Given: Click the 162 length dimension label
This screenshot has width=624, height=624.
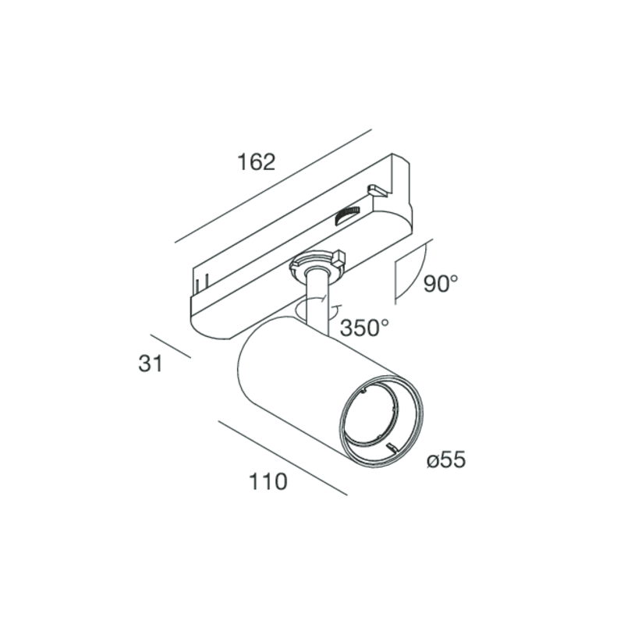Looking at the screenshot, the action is [x=257, y=162].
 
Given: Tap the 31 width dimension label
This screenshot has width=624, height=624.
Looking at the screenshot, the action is [x=151, y=363].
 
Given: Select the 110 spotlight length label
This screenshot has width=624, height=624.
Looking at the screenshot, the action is [x=268, y=481].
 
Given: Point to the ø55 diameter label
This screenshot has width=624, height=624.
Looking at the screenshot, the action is [x=445, y=460].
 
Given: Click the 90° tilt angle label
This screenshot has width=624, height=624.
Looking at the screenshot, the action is [x=441, y=283].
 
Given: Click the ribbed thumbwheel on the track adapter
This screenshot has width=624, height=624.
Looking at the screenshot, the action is [x=347, y=215].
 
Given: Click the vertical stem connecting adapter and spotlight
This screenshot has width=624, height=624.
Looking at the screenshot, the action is [x=317, y=303].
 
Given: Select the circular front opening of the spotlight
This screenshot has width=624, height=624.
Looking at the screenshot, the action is [x=381, y=421].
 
